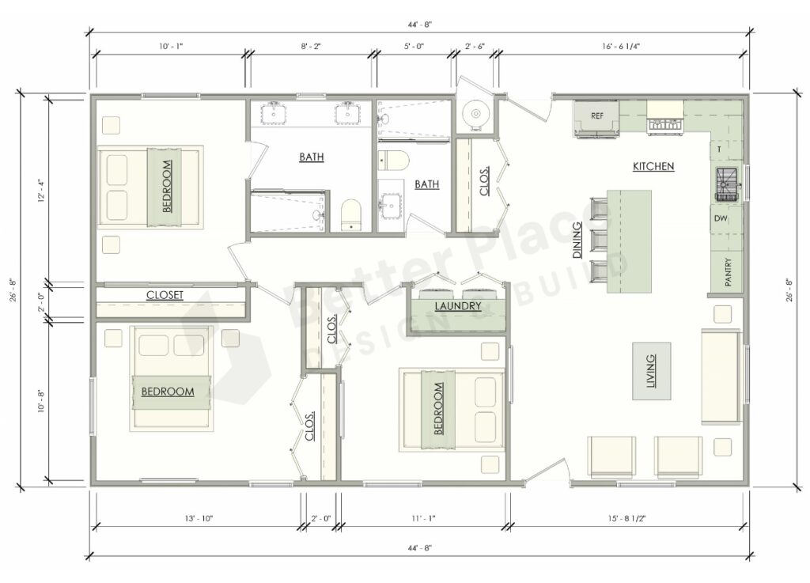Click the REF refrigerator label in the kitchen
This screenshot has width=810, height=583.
tap(596, 115)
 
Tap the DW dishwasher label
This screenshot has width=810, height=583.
tap(720, 219)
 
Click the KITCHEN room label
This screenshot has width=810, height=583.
tap(653, 167)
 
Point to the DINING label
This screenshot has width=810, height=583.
tap(577, 250)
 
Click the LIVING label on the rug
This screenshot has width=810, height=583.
tap(650, 370)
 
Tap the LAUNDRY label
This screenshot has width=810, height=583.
tap(457, 306)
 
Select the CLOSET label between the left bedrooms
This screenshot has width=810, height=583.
tap(165, 295)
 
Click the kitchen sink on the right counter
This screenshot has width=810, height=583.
tap(725, 184)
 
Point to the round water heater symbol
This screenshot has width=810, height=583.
tap(476, 115)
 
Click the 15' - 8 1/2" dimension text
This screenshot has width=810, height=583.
tap(626, 518)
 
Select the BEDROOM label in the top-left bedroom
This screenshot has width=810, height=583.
tap(166, 187)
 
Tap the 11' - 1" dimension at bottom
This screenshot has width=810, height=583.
tap(423, 518)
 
